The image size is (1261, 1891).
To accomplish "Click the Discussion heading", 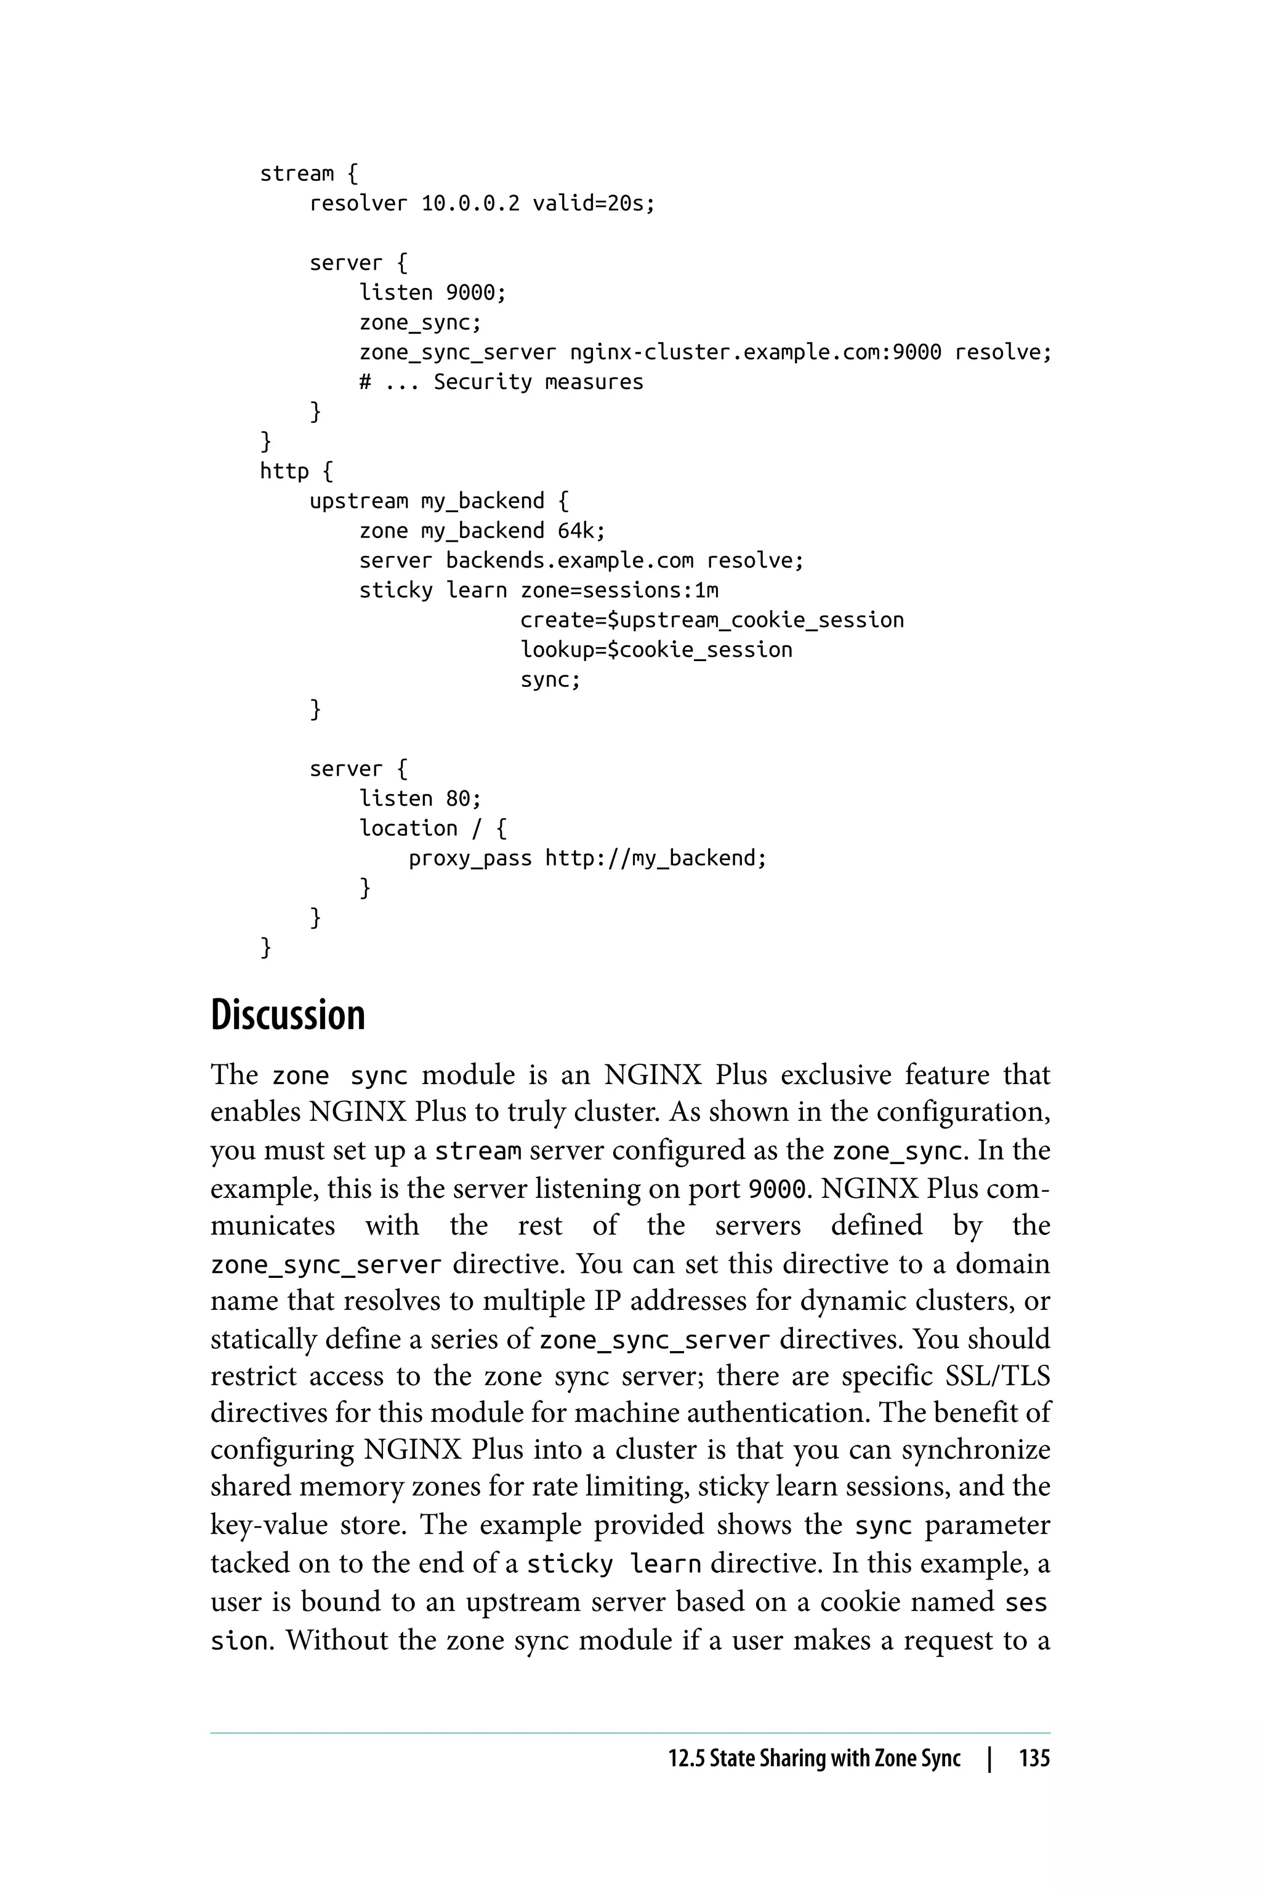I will tap(288, 1014).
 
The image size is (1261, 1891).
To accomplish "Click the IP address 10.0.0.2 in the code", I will tap(470, 203).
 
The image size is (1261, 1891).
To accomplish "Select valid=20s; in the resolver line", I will tap(594, 203).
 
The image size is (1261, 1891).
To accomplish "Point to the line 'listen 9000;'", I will tap(433, 292).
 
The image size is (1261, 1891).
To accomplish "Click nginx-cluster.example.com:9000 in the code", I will tap(755, 352).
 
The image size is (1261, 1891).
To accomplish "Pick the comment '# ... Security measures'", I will tap(501, 382).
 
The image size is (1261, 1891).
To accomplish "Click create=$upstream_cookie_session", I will tap(712, 620).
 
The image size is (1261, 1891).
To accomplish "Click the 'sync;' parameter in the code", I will tap(550, 680).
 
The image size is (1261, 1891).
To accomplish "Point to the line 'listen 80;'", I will tap(420, 798).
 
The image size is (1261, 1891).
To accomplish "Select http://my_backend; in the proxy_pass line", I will tap(655, 858).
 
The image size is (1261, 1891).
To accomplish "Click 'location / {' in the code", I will tap(433, 828).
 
